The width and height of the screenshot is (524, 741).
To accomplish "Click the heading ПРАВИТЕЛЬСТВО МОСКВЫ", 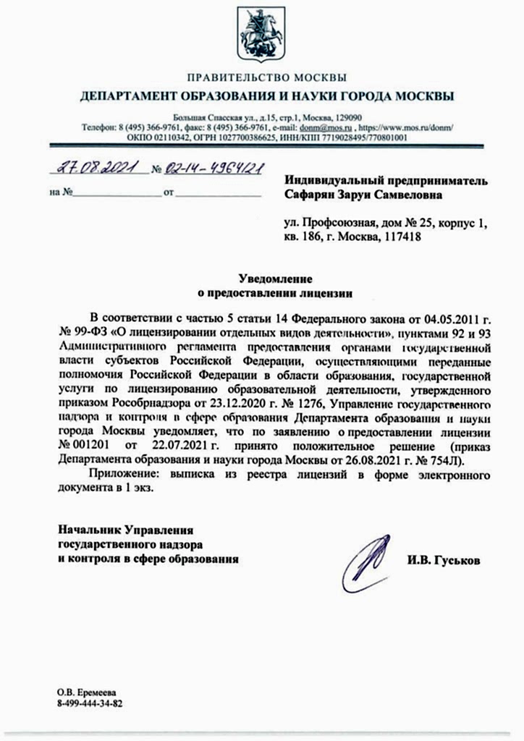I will point(266,77).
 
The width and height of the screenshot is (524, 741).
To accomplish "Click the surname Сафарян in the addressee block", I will point(313,194).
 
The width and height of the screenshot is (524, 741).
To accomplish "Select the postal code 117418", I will point(397,236).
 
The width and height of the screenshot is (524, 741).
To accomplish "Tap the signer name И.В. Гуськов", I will point(443,561).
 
